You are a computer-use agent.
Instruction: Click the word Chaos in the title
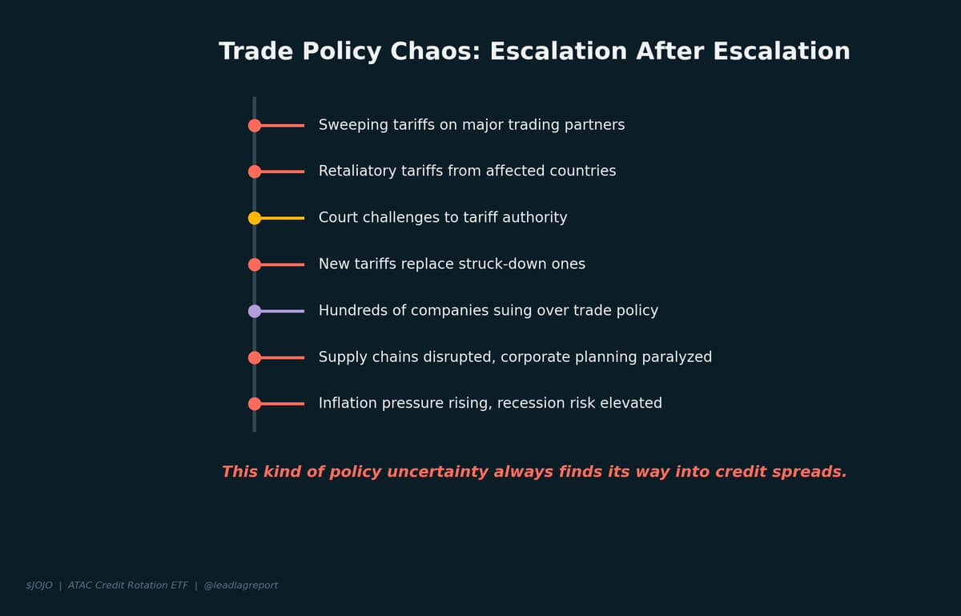point(436,52)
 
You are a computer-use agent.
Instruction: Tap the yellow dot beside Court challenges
point(255,218)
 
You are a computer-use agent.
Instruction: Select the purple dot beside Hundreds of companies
point(255,311)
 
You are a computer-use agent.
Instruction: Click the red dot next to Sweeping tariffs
point(255,125)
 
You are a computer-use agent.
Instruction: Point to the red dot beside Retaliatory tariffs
point(255,171)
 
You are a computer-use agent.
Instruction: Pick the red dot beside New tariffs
point(255,264)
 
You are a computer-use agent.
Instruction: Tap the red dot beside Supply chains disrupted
point(255,357)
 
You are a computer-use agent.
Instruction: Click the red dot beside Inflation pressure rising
point(255,404)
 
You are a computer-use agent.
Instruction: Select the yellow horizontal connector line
point(283,218)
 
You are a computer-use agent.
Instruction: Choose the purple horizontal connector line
point(283,311)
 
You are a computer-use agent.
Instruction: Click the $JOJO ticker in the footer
point(39,586)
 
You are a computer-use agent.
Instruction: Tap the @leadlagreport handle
point(241,586)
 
